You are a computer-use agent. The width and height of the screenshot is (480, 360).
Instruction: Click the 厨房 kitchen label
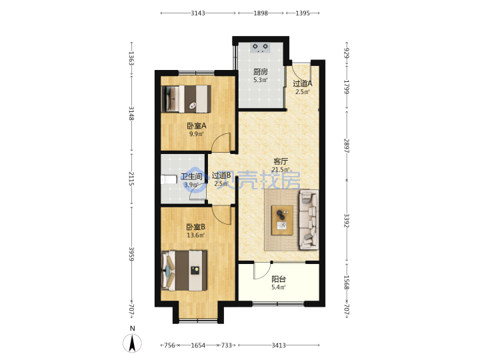point(261,72)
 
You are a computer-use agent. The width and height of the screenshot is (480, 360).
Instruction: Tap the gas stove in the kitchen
point(260,47)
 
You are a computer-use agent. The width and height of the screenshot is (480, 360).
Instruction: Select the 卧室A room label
point(197,125)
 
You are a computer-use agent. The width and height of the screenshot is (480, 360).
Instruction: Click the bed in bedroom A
point(187,99)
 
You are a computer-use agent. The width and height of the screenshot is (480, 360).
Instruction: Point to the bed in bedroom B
point(184,270)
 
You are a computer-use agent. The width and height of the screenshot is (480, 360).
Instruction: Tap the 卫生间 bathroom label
point(191,177)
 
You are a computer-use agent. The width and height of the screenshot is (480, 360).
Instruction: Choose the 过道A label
point(303,83)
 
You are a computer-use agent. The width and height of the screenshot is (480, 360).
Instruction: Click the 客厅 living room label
point(281,161)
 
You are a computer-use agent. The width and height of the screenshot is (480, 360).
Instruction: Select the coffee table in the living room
point(282,220)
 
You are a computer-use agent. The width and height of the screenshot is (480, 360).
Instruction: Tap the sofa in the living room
point(309,219)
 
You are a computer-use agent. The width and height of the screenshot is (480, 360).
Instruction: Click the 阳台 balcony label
point(279,279)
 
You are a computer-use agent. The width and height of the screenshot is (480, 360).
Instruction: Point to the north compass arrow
point(132,343)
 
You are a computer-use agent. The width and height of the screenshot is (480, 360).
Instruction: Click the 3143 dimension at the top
point(198,13)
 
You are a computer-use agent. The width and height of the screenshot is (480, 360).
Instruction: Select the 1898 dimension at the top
point(261,13)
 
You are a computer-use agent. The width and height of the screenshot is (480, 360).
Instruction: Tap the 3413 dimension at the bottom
point(279,345)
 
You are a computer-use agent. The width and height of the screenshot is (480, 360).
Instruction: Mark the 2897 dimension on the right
point(347,146)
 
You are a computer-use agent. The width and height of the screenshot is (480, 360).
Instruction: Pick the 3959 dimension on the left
point(131,254)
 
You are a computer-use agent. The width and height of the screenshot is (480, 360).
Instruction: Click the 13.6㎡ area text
point(196,235)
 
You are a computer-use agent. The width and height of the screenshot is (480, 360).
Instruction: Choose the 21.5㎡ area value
point(281,169)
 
